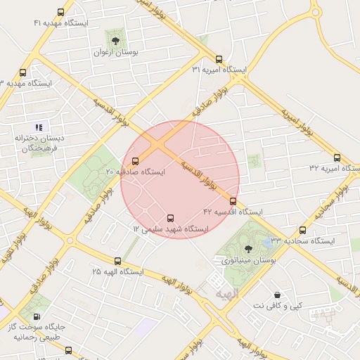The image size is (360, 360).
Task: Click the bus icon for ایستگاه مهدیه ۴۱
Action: (61, 12)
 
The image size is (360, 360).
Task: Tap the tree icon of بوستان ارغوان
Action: (115, 41)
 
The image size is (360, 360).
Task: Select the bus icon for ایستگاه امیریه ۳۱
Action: (219, 60)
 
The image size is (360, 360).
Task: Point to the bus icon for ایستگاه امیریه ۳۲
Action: (337, 158)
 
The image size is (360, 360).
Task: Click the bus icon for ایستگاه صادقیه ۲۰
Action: (135, 161)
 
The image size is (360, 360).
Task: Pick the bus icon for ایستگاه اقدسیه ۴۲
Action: (233, 201)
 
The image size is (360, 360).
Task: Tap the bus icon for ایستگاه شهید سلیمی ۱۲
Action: (170, 218)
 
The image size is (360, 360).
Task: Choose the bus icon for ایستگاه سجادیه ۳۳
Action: (303, 230)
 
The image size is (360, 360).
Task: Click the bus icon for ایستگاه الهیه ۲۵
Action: (117, 260)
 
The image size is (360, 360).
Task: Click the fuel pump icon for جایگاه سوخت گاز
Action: (37, 317)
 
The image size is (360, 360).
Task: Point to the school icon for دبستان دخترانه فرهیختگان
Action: (39, 127)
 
